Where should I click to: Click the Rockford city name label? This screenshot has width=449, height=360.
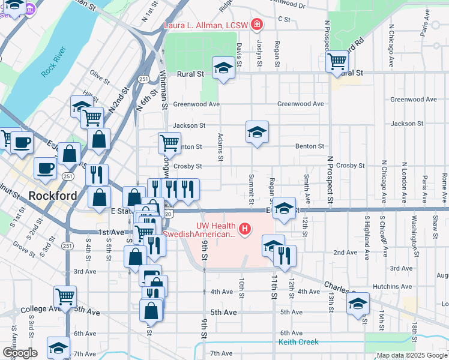[53, 196]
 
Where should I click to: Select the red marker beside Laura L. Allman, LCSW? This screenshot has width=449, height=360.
[257, 25]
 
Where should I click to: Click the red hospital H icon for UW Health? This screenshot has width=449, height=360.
[244, 229]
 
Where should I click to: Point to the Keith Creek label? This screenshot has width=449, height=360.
[298, 343]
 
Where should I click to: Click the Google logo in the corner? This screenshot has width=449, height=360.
[20, 353]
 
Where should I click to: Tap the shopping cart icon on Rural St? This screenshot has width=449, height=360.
[337, 61]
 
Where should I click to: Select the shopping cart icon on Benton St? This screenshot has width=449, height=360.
[170, 142]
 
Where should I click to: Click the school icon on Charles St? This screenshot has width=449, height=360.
[358, 303]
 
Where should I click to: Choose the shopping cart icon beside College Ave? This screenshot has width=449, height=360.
[65, 295]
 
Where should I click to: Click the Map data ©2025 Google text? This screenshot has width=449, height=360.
[411, 355]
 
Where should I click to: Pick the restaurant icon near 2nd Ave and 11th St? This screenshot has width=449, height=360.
[285, 255]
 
